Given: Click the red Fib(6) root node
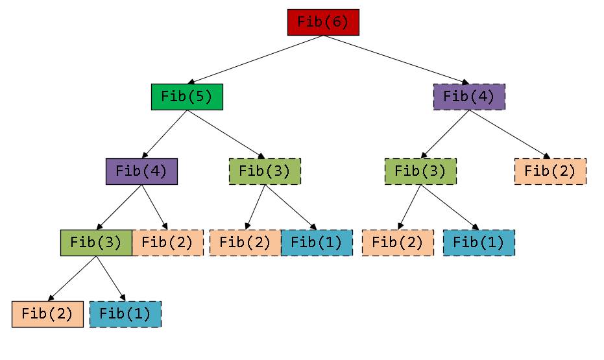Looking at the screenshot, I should click(323, 22).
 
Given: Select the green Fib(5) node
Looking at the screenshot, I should click(187, 97).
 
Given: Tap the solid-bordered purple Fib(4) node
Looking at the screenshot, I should click(141, 171).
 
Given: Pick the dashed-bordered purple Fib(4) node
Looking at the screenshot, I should click(469, 97).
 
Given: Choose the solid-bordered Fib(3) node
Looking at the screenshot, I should click(96, 243).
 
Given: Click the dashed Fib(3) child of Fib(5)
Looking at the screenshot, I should click(265, 171).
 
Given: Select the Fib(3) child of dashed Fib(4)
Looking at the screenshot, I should click(420, 171).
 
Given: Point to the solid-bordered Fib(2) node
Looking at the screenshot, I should click(47, 314).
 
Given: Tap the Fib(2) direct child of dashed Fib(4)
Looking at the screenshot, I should click(550, 171).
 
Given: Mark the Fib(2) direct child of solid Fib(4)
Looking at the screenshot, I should click(167, 243).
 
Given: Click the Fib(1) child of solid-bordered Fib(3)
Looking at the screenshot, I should click(125, 314).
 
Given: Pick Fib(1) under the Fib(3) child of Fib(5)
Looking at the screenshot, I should click(317, 243).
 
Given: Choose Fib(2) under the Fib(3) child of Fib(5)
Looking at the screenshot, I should click(245, 243).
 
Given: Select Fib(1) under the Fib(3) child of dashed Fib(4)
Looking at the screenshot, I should click(479, 243).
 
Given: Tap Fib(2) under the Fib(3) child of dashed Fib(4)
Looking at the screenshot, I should click(398, 243).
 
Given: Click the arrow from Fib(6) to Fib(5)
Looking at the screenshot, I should click(255, 60).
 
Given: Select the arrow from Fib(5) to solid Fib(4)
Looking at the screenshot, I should click(164, 134).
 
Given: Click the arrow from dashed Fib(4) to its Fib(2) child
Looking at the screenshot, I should click(509, 134).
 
